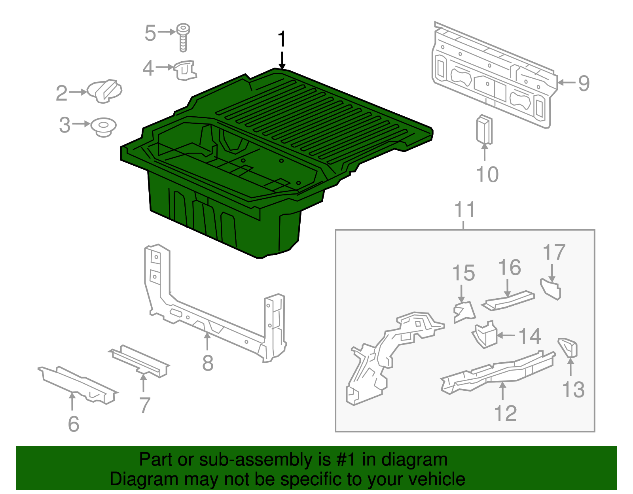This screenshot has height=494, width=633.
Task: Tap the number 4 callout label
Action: pyautogui.click(x=148, y=68)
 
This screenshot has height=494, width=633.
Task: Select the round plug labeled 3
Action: pyautogui.click(x=103, y=127)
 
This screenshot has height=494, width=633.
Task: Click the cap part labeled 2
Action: pyautogui.click(x=104, y=91)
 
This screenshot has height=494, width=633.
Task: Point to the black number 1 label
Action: pyautogui.click(x=282, y=40)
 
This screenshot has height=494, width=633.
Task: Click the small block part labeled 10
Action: pyautogui.click(x=484, y=129)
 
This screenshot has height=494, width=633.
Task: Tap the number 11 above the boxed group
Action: pyautogui.click(x=464, y=210)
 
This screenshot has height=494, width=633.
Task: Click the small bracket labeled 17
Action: pyautogui.click(x=551, y=289)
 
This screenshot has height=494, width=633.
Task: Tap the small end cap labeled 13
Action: pyautogui.click(x=569, y=347)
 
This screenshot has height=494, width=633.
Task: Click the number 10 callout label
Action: pyautogui.click(x=487, y=174)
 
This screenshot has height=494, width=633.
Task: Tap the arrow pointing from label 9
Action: pyautogui.click(x=566, y=83)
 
